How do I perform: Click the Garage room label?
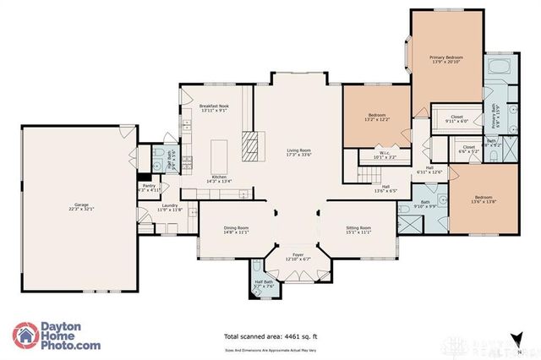tap(82, 208)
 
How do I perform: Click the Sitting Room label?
tap(360, 230)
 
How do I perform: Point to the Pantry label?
tap(148, 188)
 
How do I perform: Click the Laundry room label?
tap(169, 207)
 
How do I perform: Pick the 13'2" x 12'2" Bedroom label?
tap(376, 117)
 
